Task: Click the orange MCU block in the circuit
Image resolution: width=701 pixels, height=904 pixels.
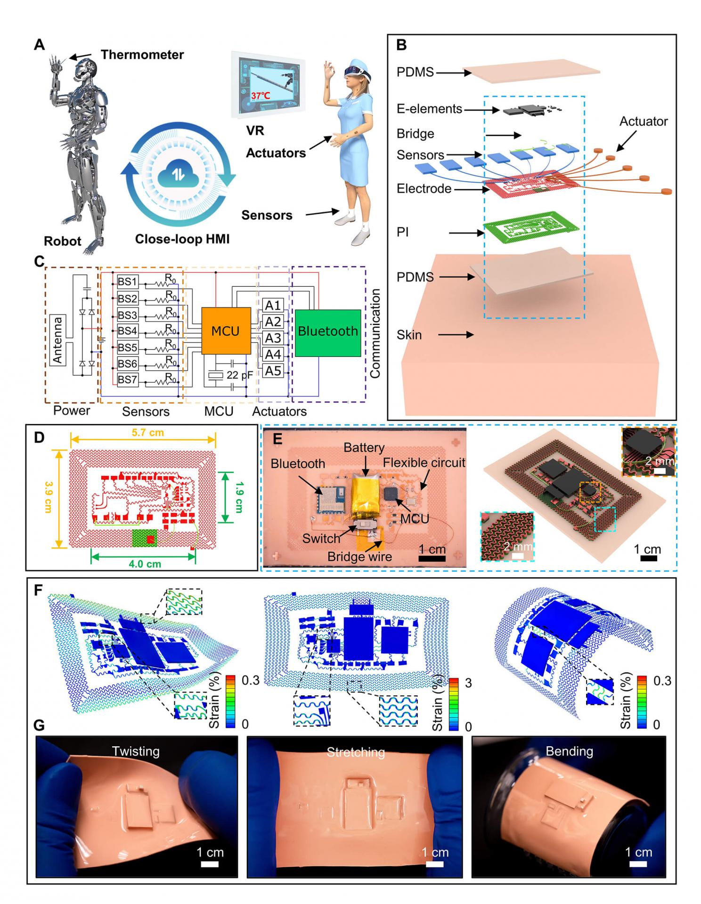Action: click(226, 331)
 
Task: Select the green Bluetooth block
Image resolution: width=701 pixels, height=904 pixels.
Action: click(327, 332)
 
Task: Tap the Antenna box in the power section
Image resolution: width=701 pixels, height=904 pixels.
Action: click(57, 340)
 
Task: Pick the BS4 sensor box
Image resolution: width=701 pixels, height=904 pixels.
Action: click(127, 331)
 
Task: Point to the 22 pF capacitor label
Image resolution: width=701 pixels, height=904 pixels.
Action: click(239, 375)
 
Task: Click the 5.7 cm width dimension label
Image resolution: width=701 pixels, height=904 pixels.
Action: click(148, 432)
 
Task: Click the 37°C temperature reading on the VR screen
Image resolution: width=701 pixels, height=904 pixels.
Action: click(261, 96)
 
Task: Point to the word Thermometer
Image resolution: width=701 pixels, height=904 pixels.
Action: click(142, 55)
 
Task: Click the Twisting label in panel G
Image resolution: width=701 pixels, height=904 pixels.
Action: click(136, 751)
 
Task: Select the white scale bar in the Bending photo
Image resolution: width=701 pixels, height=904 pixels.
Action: click(638, 864)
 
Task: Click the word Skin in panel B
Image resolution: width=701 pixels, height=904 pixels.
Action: click(409, 335)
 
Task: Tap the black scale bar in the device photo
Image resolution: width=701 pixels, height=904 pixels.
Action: click(432, 558)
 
